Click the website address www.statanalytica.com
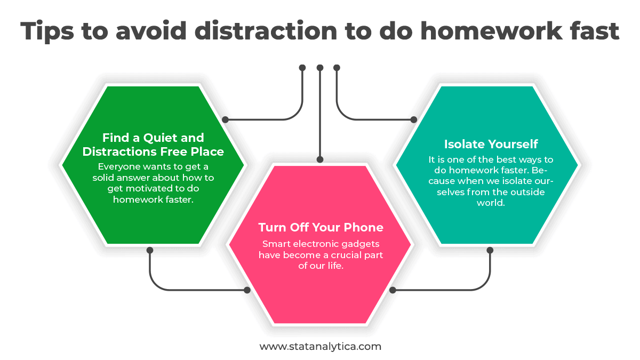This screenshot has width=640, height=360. (320, 346)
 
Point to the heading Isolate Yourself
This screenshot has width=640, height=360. (491, 144)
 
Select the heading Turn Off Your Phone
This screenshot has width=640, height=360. (321, 227)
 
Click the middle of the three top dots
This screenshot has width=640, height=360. (320, 68)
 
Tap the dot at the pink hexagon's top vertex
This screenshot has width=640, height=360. (320, 159)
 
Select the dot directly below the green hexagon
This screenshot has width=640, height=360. (150, 250)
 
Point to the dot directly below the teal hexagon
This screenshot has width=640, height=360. (490, 250)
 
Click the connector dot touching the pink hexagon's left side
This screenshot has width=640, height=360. (247, 290)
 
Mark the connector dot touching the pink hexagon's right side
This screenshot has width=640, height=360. (393, 290)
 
